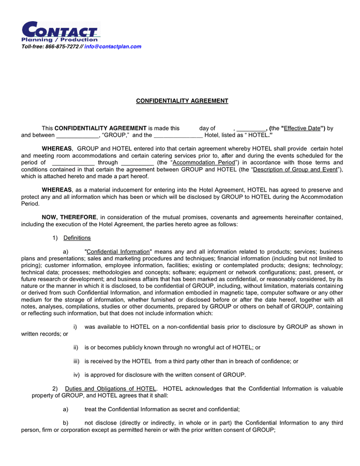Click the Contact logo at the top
click(59, 31)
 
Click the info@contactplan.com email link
click(113, 47)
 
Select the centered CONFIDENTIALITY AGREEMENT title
click(182, 101)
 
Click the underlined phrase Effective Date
click(303, 128)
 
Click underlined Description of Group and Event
click(296, 169)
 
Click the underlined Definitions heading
click(77, 238)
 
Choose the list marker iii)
click(76, 361)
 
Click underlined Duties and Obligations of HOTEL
click(110, 389)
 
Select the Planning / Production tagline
click(59, 40)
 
